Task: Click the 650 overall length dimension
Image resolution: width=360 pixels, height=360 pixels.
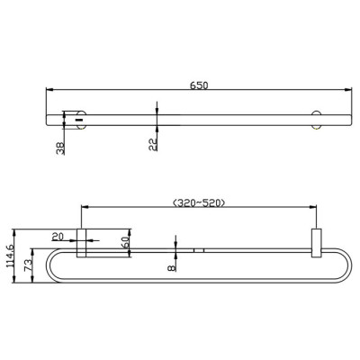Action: click(199, 85)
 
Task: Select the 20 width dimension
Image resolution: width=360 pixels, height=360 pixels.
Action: click(58, 237)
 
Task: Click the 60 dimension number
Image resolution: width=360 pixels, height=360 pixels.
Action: click(125, 241)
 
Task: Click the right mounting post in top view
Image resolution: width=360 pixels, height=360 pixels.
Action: click(315, 117)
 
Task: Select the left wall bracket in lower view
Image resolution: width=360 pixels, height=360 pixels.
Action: click(81, 243)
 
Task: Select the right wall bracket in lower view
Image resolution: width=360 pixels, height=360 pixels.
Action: click(315, 243)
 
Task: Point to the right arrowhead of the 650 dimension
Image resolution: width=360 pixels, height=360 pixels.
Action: click(346, 90)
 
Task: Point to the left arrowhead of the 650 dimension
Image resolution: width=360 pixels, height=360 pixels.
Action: click(49, 90)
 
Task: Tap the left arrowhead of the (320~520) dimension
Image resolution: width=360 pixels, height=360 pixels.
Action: click(84, 210)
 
